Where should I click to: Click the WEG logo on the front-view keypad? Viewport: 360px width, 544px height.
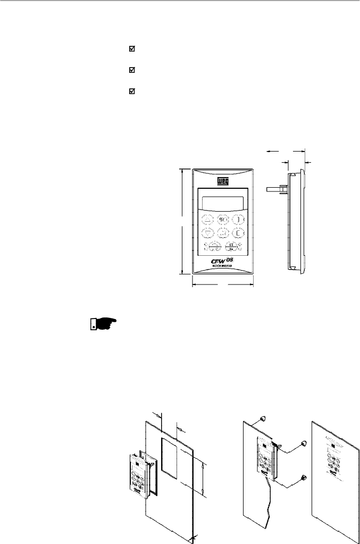(x=223, y=181)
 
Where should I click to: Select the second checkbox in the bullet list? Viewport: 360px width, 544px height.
(x=132, y=70)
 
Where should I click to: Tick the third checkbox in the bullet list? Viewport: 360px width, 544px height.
(x=132, y=91)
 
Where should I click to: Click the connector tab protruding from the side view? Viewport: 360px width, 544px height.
(x=277, y=188)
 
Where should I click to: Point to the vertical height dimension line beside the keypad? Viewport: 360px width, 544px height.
(x=182, y=221)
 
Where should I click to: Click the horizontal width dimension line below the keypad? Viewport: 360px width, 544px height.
(x=223, y=284)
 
